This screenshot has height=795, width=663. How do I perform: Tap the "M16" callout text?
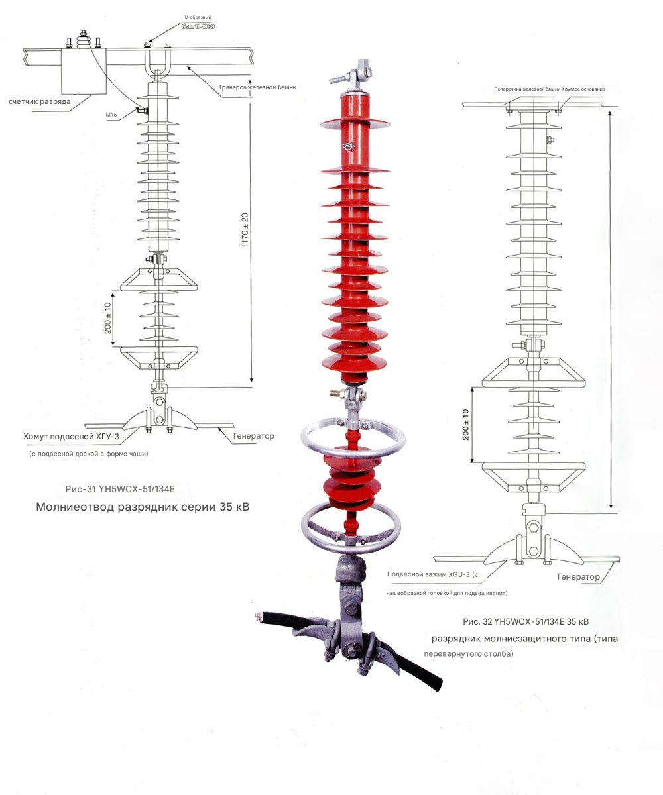[111, 115]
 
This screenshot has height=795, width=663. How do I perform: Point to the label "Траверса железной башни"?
[257, 87]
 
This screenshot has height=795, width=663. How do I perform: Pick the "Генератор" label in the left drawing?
[253, 436]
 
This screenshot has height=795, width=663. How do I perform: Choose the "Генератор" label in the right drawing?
[579, 577]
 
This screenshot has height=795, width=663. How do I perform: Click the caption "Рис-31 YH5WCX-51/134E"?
[120, 490]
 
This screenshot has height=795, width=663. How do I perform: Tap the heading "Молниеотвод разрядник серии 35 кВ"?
[143, 508]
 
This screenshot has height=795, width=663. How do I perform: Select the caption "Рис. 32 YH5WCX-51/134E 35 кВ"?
[526, 622]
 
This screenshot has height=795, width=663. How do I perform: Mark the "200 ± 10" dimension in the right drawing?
[466, 425]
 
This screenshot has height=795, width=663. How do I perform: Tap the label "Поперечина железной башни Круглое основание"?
[549, 88]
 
